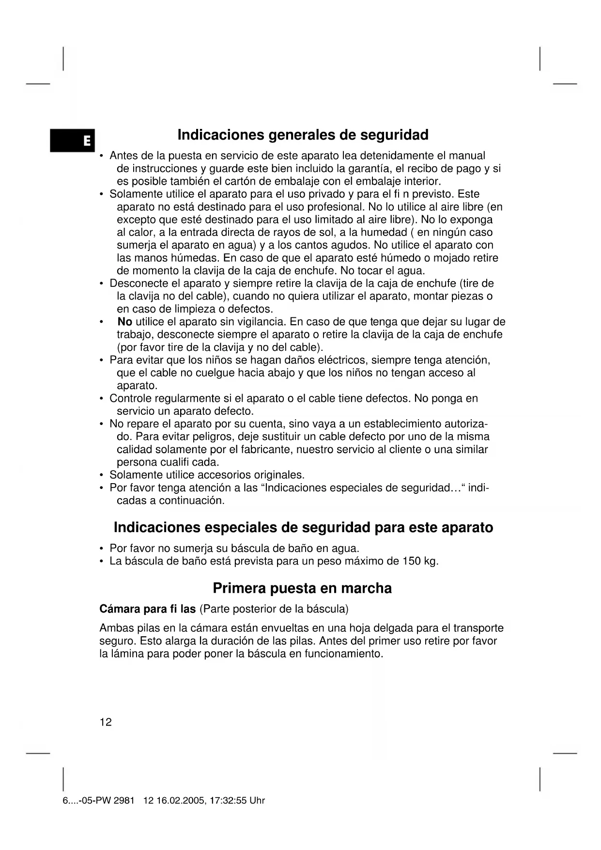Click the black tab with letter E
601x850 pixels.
click(73, 141)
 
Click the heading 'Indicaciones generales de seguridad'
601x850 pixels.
click(303, 134)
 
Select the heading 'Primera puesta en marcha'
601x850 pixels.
click(302, 588)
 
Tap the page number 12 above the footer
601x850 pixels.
click(106, 722)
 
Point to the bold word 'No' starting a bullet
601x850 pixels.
click(125, 322)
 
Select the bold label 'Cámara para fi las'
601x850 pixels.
click(147, 609)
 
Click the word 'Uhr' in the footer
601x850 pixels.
click(257, 801)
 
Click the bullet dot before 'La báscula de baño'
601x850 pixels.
click(101, 562)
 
